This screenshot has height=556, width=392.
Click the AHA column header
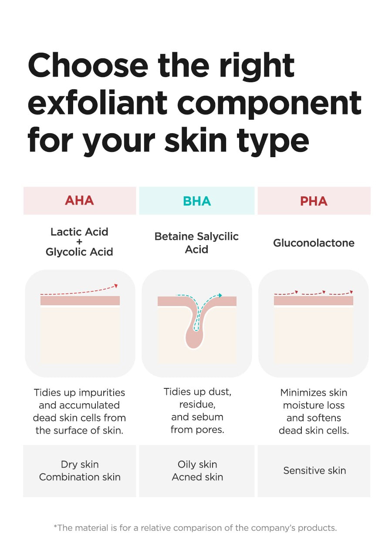pos(80,201)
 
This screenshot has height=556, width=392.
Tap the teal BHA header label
pos(197,201)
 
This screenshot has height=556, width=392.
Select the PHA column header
pos(314,201)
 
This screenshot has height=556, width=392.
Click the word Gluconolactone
pos(314,243)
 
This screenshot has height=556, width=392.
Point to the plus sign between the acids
pos(79,242)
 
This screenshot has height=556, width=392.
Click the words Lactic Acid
pos(79,232)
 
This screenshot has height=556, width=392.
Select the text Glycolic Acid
pos(79,252)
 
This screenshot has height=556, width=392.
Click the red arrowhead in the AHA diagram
pos(116,286)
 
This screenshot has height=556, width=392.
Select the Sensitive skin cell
pos(314,471)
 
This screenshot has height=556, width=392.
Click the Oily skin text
pos(197,465)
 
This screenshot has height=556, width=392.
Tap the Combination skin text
pos(80,477)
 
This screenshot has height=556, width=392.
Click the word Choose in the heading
pos(88,65)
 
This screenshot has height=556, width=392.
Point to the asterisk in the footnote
pos(55,526)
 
